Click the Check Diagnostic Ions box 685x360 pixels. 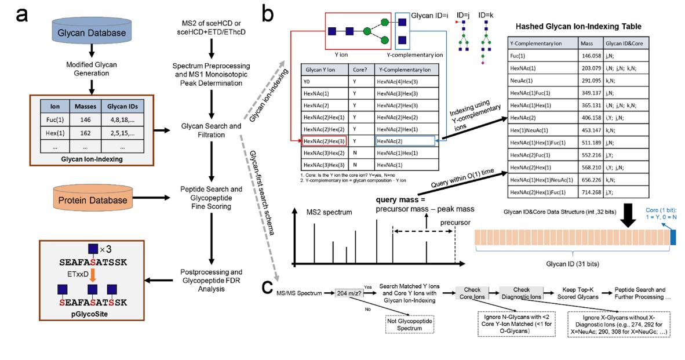[x=521, y=293]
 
